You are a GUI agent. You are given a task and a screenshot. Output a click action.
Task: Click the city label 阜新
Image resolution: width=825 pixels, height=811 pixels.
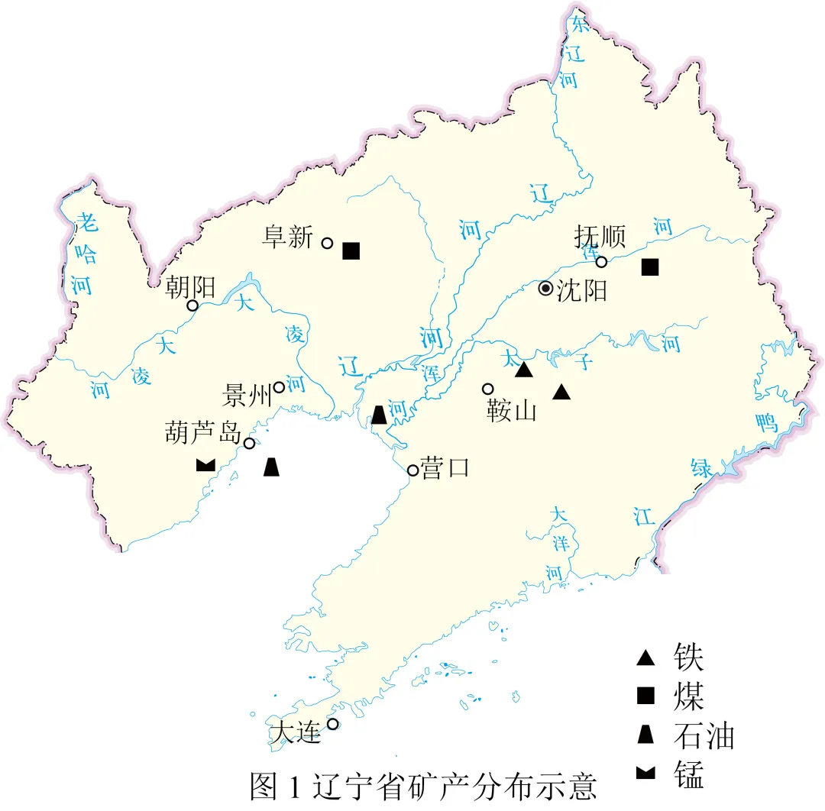point(287,237)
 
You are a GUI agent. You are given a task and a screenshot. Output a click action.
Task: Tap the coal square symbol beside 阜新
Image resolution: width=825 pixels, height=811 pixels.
point(351,250)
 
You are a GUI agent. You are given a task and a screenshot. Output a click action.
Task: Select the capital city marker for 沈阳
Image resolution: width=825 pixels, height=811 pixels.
point(545,289)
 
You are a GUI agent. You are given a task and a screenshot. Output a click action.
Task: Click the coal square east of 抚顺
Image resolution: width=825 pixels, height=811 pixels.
point(650,267)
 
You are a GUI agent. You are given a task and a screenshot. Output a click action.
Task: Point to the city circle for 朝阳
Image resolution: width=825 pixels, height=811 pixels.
point(193,305)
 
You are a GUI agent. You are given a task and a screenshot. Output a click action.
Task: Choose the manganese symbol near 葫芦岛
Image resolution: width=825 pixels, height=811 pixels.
point(205,464)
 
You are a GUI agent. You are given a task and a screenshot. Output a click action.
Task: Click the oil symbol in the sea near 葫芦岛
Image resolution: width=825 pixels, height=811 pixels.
point(271,467)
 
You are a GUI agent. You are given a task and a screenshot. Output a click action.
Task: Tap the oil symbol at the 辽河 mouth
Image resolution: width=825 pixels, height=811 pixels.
point(379,415)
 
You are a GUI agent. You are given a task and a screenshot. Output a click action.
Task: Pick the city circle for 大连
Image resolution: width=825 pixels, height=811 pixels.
point(333,724)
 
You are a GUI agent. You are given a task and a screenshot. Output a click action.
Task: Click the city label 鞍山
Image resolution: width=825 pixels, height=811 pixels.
point(512,412)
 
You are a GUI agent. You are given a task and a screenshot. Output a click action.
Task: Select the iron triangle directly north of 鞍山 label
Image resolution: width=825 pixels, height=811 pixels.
point(523,370)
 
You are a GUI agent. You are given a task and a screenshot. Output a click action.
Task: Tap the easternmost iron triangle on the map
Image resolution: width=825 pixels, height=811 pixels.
point(562,392)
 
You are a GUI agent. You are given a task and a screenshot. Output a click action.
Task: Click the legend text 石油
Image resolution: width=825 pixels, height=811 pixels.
point(704,736)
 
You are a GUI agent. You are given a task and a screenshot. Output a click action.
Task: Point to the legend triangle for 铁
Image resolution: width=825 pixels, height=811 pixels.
point(646,657)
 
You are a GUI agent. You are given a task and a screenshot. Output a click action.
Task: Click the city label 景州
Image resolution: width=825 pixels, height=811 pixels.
point(247,396)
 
